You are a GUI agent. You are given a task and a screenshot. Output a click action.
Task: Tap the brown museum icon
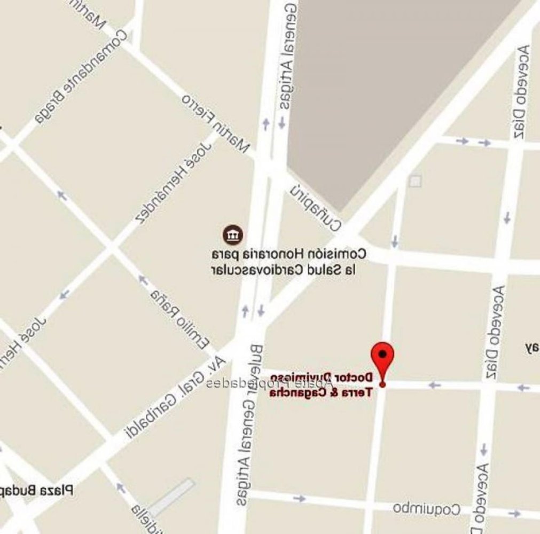click(233, 234)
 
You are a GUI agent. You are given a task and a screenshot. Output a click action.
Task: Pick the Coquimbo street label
click(427, 508)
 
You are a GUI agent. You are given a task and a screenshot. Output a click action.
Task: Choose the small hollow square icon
click(414, 181)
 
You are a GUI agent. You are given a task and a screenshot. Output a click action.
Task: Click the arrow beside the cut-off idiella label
click(121, 488)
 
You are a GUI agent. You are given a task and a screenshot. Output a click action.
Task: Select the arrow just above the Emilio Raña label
click(142, 279)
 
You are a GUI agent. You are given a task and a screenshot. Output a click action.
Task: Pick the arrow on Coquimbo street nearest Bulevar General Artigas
click(300, 499)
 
